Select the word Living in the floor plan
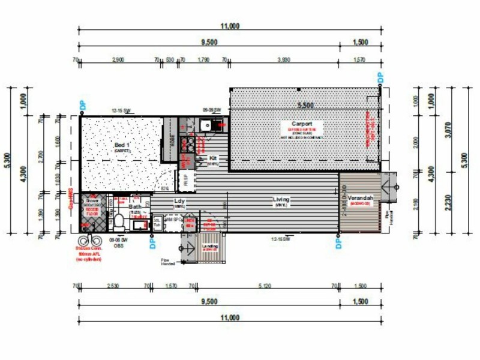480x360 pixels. pyautogui.click(x=281, y=199)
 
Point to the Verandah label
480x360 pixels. pyautogui.click(x=360, y=198)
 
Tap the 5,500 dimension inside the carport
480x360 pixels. pyautogui.click(x=305, y=105)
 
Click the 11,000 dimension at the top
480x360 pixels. pyautogui.click(x=230, y=26)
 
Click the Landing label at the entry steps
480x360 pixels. pyautogui.click(x=211, y=247)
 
